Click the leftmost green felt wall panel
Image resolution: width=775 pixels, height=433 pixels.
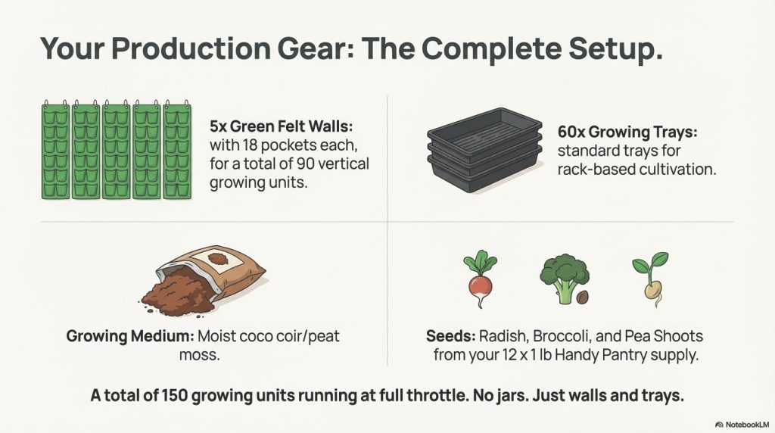[55, 151]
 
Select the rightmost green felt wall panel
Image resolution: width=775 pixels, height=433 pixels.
[177, 151]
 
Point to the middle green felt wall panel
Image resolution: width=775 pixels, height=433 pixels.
[116, 151]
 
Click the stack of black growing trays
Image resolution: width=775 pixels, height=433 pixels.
[484, 150]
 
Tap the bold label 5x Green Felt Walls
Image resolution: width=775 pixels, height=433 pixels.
[282, 126]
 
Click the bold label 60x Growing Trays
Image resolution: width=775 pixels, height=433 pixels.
[627, 132]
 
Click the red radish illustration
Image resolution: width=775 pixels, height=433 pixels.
[480, 279]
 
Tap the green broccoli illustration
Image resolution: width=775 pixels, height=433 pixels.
[563, 279]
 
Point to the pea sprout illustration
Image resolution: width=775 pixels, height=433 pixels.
[650, 279]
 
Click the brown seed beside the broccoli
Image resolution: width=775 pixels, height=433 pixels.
[583, 297]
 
